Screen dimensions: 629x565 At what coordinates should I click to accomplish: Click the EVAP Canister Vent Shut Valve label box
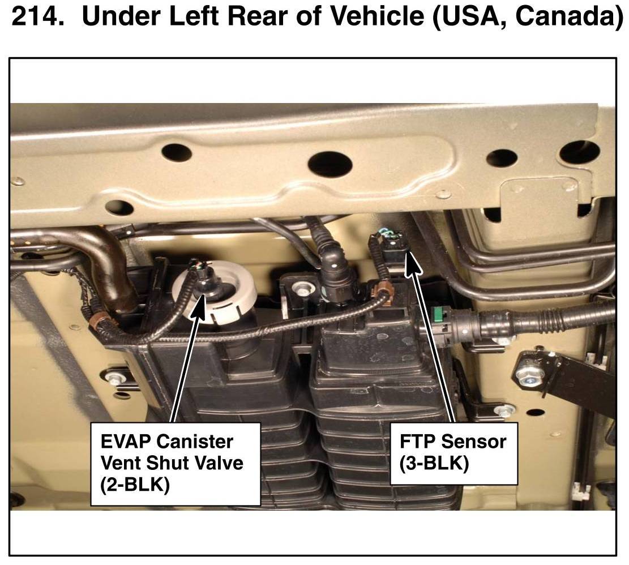tap(176, 464)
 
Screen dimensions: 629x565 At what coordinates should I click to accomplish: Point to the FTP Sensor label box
tap(453, 453)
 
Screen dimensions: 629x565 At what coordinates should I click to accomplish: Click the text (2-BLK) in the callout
tap(135, 485)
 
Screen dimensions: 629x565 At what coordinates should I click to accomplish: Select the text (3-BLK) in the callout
tap(434, 464)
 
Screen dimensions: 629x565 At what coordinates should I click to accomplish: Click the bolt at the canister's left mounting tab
tap(115, 377)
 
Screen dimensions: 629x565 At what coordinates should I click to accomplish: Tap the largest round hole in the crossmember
tap(330, 165)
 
